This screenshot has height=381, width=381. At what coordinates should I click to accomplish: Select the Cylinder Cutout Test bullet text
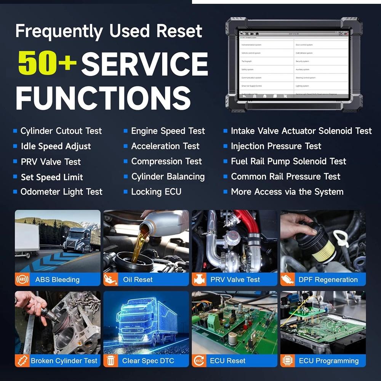61,131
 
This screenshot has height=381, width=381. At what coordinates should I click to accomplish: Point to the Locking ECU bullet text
156,192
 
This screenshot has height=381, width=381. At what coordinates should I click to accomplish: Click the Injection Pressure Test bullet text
276,146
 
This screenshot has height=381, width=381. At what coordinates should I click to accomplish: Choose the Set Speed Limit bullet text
52,177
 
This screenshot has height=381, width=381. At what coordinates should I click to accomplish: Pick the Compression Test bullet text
166,162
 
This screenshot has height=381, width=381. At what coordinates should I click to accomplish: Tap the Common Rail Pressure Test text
285,176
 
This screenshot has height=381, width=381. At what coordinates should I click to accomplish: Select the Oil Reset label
138,280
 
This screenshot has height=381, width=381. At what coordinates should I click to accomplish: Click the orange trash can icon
110,360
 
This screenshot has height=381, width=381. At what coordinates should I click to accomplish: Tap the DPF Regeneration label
328,280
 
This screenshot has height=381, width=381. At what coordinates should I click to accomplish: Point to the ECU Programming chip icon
287,360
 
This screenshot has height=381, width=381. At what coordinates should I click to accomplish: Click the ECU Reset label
227,360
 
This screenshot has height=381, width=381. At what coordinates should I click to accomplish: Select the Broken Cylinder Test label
64,360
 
